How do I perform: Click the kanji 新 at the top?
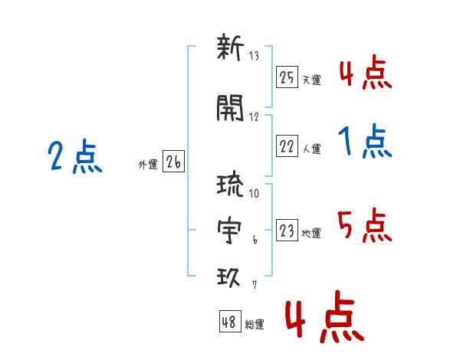230,47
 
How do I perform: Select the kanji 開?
230,107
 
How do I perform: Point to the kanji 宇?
229,230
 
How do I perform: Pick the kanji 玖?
228,277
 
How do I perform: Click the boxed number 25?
287,77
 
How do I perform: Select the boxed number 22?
287,146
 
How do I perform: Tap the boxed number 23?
287,230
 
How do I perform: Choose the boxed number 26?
173,161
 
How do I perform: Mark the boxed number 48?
230,321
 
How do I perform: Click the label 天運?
312,80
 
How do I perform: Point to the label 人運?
312,149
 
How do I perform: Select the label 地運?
311,234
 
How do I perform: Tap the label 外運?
148,164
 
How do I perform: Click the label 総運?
255,324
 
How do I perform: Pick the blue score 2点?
75,156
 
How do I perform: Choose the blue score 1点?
365,141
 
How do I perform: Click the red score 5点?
365,225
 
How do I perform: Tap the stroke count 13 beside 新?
254,56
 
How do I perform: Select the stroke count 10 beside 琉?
254,193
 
